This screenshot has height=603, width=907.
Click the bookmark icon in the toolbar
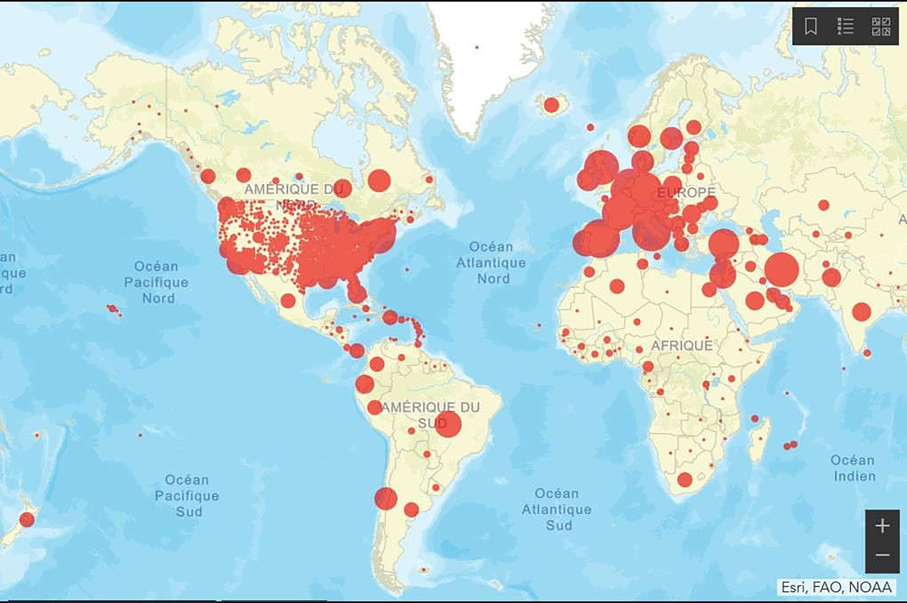click(811, 26)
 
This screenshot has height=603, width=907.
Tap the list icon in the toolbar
click(845, 26)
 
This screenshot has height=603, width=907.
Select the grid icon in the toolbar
click(881, 26)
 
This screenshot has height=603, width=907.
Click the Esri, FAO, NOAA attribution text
click(836, 587)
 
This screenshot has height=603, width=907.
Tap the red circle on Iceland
click(551, 105)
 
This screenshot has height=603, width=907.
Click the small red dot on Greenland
click(477, 47)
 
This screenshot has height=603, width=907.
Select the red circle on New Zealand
click(27, 520)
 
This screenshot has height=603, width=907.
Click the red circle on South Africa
click(685, 480)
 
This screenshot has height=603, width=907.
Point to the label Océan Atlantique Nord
click(491, 263)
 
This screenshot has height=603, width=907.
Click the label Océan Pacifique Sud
click(187, 496)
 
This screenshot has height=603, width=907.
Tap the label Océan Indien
click(853, 468)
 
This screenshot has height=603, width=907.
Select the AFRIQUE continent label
click(682, 346)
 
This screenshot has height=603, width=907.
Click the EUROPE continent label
click(686, 193)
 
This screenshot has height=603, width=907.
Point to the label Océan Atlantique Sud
click(557, 509)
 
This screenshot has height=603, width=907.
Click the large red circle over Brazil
click(448, 424)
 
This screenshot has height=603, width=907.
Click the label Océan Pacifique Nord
click(156, 282)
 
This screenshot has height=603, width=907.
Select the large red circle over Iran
click(782, 269)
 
